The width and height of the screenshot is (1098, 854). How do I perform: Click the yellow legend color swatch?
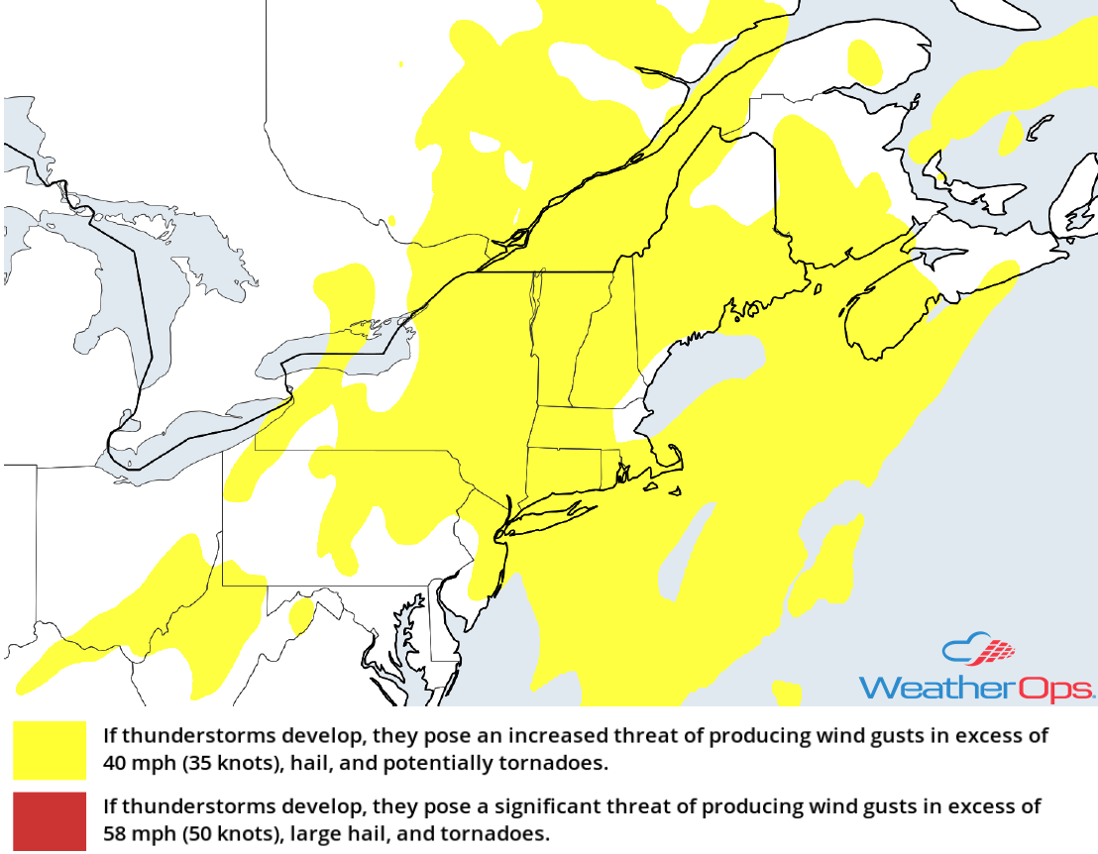coord(50,750)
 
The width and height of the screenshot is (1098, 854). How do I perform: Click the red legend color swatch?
coord(50,820)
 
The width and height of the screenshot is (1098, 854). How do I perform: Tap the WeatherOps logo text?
coord(976,688)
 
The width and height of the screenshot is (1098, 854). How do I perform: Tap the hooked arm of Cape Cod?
coord(675,458)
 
